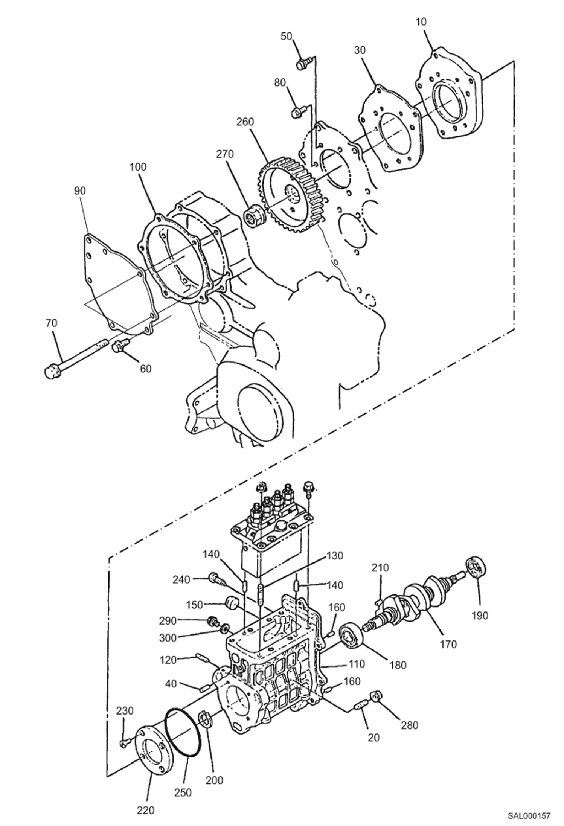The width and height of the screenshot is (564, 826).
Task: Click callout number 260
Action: tap(245, 122)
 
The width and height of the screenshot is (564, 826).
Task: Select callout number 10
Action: tap(421, 22)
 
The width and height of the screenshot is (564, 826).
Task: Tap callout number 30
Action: tap(360, 50)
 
